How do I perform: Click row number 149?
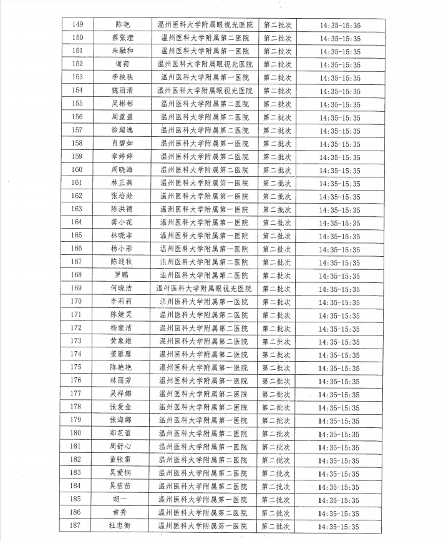click(78, 24)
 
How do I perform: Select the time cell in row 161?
click(339, 183)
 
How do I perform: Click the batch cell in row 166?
click(276, 249)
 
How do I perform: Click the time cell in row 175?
click(339, 367)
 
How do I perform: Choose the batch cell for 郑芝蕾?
click(276, 433)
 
